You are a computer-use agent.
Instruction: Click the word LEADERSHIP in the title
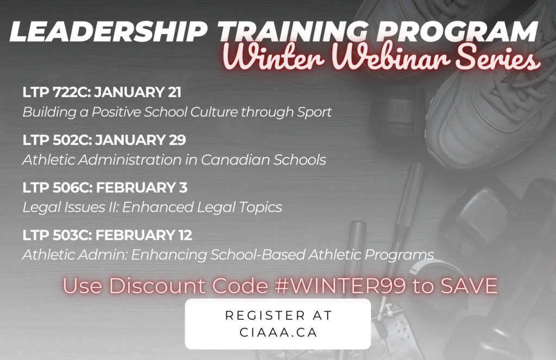108,31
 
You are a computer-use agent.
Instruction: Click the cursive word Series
498,57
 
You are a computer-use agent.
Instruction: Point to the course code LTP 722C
56,92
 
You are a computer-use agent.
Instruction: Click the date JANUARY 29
141,140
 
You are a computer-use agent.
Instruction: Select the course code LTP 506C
58,187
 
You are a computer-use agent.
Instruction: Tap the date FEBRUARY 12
144,235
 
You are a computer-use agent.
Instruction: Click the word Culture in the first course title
214,112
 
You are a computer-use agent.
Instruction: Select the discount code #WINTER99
340,286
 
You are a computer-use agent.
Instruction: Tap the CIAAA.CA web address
279,332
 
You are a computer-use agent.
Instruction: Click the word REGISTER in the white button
265,315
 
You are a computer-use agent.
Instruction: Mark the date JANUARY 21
138,92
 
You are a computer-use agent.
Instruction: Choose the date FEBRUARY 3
142,187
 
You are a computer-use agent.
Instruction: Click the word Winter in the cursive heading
273,57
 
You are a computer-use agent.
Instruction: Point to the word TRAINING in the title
293,31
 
